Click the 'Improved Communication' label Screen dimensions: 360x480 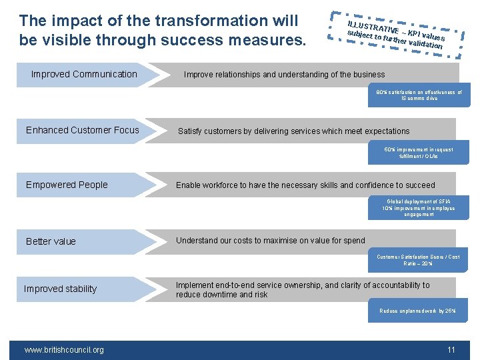pyautogui.click(x=84, y=74)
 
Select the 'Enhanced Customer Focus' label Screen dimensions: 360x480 pyautogui.click(x=83, y=130)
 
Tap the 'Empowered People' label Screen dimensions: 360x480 pyautogui.click(x=67, y=185)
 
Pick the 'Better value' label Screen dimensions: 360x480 pyautogui.click(x=51, y=241)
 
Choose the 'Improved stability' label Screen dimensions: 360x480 pyautogui.click(x=60, y=289)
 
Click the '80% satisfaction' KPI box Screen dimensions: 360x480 pyautogui.click(x=419, y=95)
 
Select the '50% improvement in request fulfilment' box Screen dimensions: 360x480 pyautogui.click(x=419, y=153)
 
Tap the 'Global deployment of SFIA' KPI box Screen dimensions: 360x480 pyautogui.click(x=419, y=208)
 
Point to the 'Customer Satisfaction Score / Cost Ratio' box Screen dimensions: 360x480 pyautogui.click(x=418, y=260)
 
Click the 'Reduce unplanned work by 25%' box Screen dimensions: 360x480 pyautogui.click(x=418, y=311)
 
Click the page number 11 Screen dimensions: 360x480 pyautogui.click(x=451, y=349)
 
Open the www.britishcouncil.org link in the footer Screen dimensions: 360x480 pyautogui.click(x=64, y=349)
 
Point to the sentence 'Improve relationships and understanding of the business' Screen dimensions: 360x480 pyautogui.click(x=284, y=75)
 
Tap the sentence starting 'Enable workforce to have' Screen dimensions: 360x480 pyautogui.click(x=305, y=185)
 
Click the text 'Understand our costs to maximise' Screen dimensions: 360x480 pyautogui.click(x=270, y=241)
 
